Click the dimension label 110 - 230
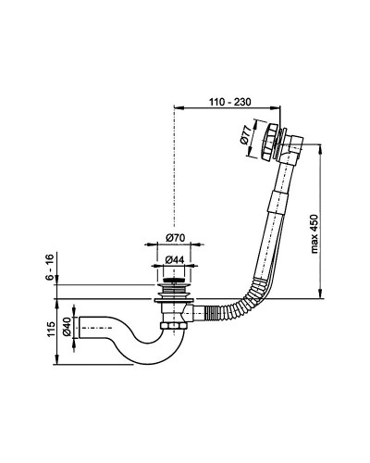click(230, 101)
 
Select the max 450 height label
click(314, 233)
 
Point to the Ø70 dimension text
click(175, 238)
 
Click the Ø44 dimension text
click(175, 260)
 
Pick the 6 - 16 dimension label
click(50, 267)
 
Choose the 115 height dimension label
click(51, 329)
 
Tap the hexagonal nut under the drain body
click(173, 326)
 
